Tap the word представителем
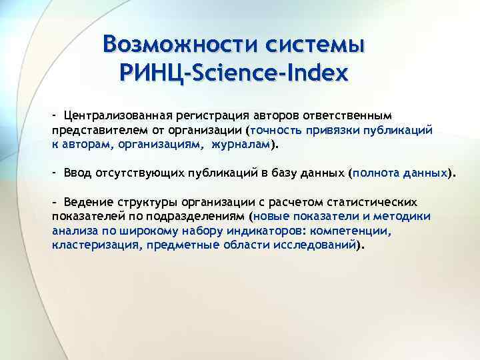point(96,131)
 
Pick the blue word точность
point(277,131)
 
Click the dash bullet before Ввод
point(55,173)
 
